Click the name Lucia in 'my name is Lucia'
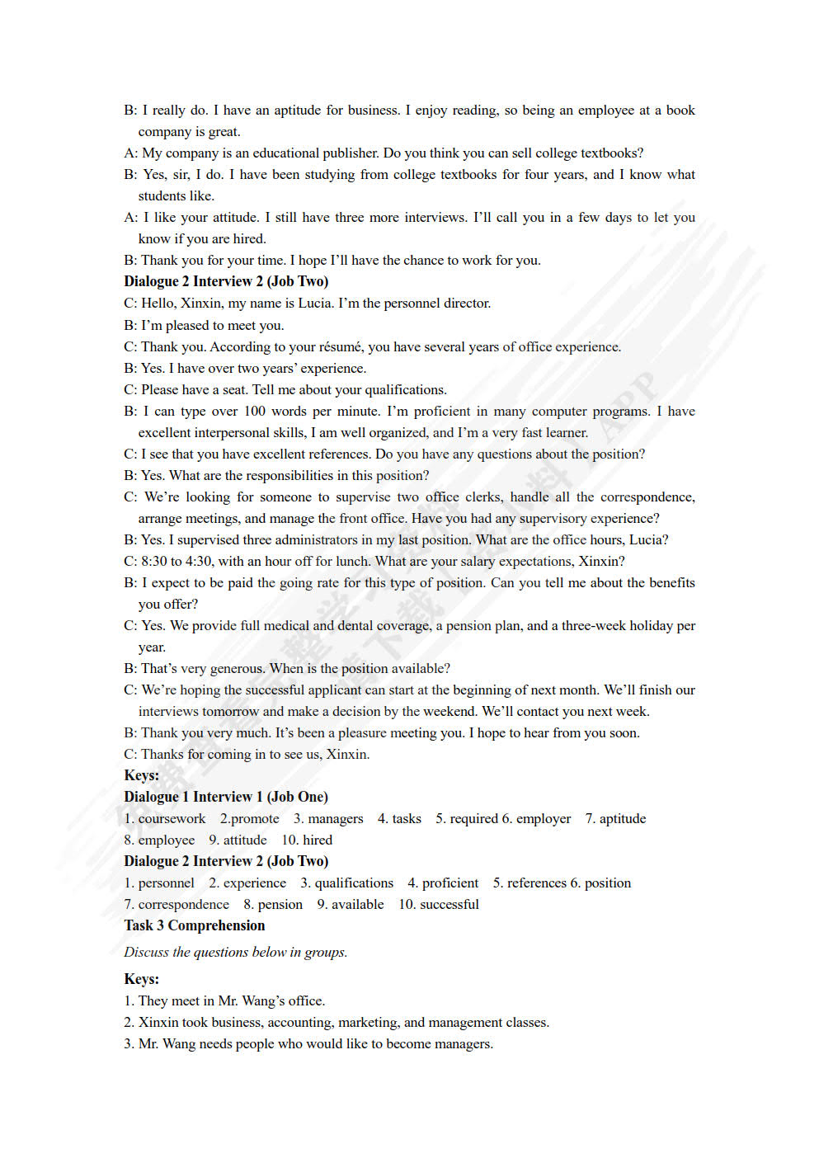(x=315, y=304)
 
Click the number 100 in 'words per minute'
(x=254, y=412)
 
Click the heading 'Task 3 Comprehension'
(x=195, y=925)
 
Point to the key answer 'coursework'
(x=172, y=819)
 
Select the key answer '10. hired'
(x=307, y=840)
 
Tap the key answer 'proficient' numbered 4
(x=450, y=883)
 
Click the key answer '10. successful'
(x=439, y=905)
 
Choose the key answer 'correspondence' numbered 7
(x=183, y=905)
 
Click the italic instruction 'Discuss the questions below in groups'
(x=236, y=953)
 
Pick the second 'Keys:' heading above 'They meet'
(x=142, y=979)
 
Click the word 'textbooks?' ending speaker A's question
(x=612, y=153)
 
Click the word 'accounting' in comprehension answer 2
(x=296, y=1023)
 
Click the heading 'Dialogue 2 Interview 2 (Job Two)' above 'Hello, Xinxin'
(x=226, y=281)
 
